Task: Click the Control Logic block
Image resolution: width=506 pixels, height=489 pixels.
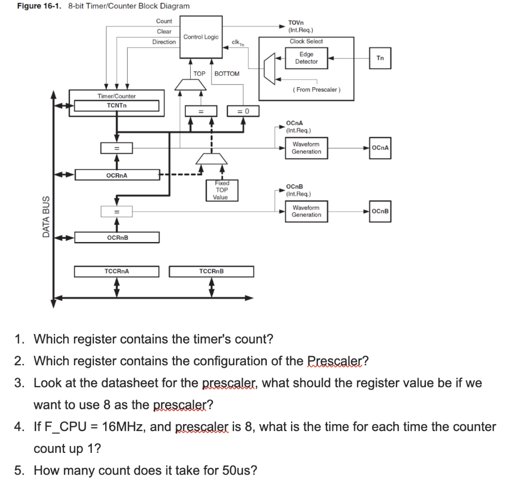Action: [x=201, y=37]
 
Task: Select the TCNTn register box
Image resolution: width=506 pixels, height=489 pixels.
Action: [x=117, y=105]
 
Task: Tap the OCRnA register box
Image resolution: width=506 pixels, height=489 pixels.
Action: [x=117, y=175]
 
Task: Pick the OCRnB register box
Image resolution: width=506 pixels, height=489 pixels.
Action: [x=117, y=238]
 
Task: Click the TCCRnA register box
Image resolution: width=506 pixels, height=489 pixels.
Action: [x=117, y=271]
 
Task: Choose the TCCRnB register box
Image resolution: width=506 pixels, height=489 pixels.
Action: [x=211, y=271]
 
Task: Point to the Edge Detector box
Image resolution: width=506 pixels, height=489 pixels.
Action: [x=306, y=58]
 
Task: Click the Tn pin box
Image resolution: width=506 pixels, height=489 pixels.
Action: [x=380, y=58]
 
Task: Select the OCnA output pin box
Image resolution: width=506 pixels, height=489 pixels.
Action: [x=380, y=147]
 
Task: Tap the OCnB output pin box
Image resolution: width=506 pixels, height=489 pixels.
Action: [x=380, y=211]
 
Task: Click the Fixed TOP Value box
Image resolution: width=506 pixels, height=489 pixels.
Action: [x=221, y=191]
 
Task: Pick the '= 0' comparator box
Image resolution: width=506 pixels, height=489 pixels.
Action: [x=243, y=110]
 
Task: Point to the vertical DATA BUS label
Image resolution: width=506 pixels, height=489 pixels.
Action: [x=46, y=216]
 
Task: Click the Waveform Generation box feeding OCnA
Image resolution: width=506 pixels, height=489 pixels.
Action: [x=306, y=147]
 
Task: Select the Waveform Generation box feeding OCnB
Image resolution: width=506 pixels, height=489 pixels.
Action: [x=306, y=211]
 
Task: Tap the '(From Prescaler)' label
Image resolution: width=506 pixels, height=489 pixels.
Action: [x=317, y=90]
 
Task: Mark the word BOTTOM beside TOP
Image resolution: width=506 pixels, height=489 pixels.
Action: [x=227, y=74]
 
